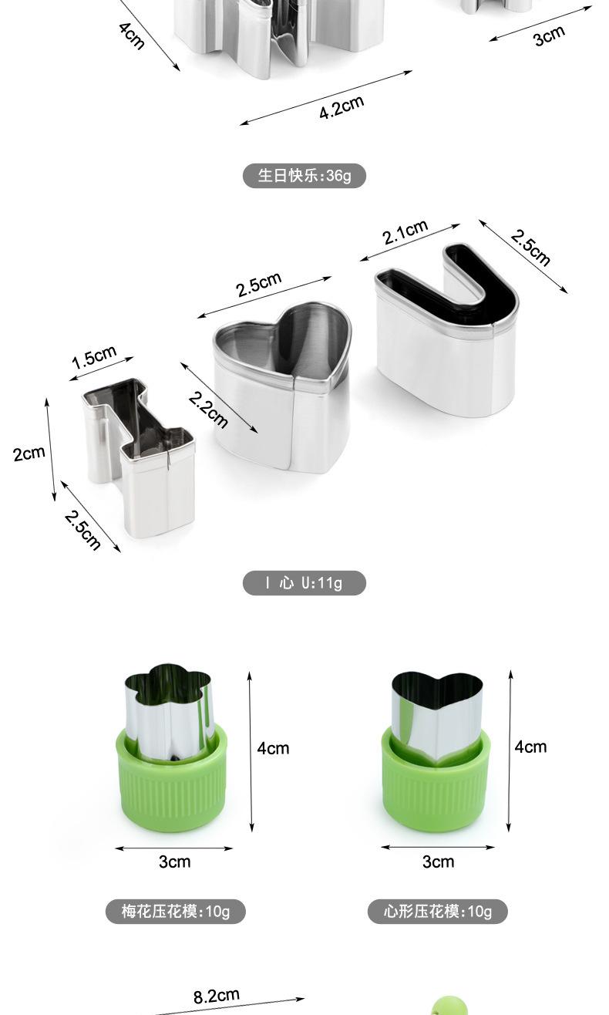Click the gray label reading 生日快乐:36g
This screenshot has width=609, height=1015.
pyautogui.click(x=304, y=176)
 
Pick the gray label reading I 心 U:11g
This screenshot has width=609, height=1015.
pyautogui.click(x=304, y=583)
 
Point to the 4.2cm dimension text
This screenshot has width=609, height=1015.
pyautogui.click(x=342, y=107)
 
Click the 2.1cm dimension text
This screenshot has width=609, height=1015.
pyautogui.click(x=405, y=232)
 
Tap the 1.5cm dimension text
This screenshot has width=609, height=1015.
pyautogui.click(x=94, y=357)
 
